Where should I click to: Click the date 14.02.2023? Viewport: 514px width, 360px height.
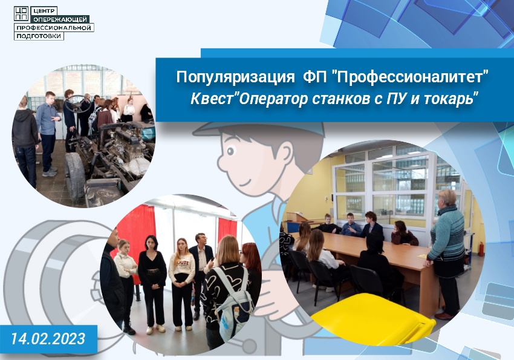coord(48,339)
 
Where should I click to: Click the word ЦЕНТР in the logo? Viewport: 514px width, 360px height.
coord(44,11)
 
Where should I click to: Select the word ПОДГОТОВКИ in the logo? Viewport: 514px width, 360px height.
coord(39,36)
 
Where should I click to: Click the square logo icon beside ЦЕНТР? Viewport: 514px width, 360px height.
coord(21,14)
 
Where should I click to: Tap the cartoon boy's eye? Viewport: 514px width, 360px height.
coord(231,151)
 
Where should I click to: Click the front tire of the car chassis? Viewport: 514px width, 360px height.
coord(74,175)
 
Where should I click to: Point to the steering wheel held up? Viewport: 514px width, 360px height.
coord(77,103)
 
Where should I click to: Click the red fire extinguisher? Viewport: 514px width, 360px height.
coord(481,249)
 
